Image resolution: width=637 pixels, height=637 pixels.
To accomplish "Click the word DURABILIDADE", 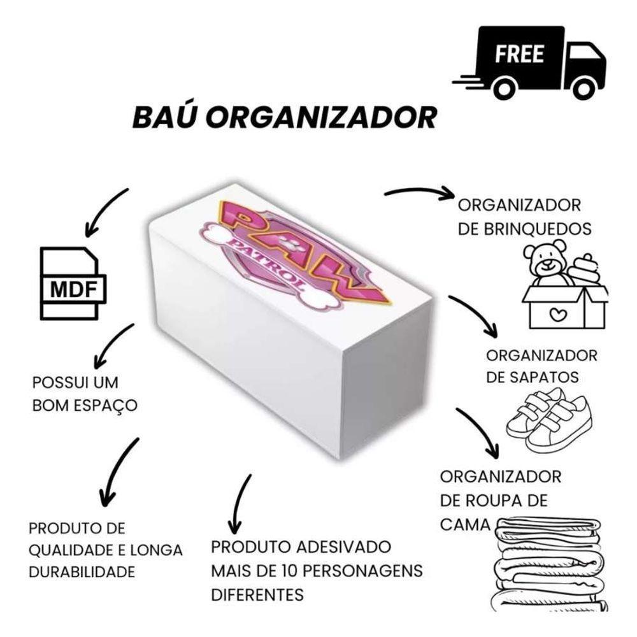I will click(x=82, y=571).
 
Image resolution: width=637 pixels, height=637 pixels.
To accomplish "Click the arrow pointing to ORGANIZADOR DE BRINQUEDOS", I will click(x=418, y=191).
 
